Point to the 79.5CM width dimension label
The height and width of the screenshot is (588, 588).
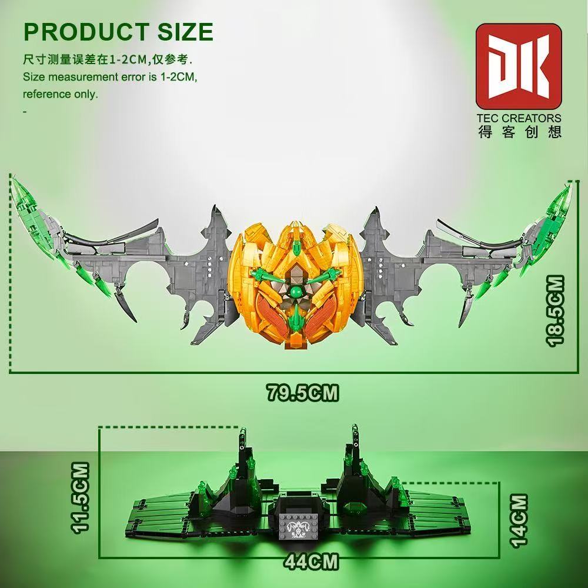[303, 393]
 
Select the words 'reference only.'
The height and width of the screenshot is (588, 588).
[61, 94]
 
